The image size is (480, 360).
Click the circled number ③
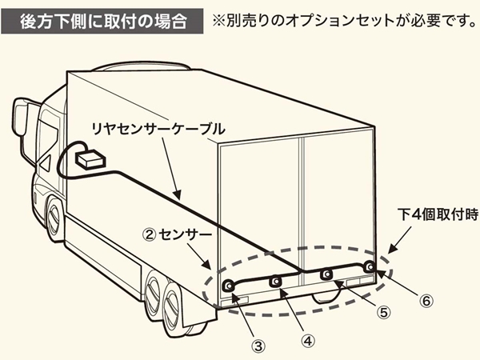[258, 346]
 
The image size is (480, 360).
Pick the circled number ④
[308, 338]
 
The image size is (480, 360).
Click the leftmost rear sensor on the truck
[228, 286]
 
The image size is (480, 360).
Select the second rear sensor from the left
[276, 282]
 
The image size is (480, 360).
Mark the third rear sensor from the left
[326, 274]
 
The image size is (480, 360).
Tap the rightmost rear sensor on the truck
[369, 266]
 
